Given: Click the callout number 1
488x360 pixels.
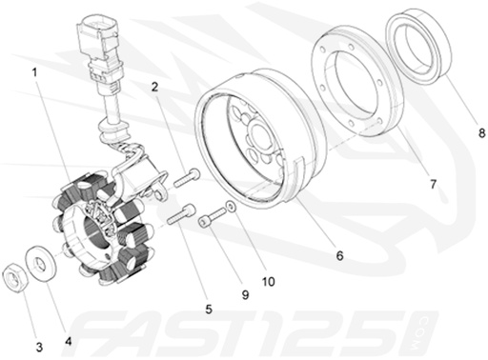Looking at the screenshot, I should click(x=34, y=72).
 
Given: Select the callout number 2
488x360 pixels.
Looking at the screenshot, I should click(x=154, y=89).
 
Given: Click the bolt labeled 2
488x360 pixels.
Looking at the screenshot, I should click(x=188, y=176).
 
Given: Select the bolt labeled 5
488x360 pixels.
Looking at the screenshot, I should click(x=181, y=214).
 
